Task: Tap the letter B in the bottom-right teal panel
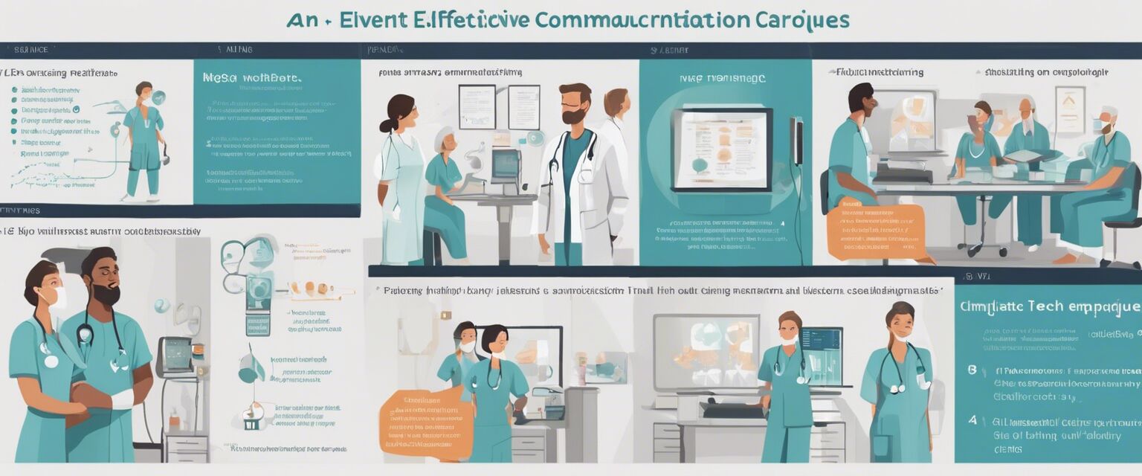click(972, 370)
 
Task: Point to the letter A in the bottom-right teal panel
click(972, 420)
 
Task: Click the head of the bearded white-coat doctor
click(574, 103)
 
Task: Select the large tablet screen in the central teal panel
click(721, 149)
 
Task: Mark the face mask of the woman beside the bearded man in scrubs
click(56, 298)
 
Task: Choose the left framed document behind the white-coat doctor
click(477, 106)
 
